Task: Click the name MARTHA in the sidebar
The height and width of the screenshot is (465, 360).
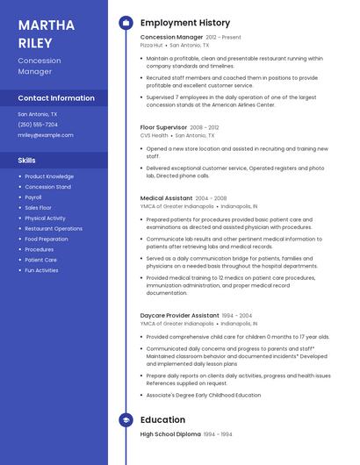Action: pyautogui.click(x=47, y=25)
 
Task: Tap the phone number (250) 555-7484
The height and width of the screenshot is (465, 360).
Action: pyautogui.click(x=38, y=125)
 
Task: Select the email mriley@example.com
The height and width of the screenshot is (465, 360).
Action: pyautogui.click(x=46, y=135)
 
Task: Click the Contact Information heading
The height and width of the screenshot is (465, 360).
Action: pyautogui.click(x=56, y=98)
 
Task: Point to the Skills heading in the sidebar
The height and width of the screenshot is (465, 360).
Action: pyautogui.click(x=27, y=161)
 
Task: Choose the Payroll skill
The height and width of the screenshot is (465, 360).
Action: pyautogui.click(x=33, y=197)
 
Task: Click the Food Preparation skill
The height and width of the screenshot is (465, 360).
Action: pyautogui.click(x=47, y=239)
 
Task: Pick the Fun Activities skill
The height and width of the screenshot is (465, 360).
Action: pyautogui.click(x=41, y=270)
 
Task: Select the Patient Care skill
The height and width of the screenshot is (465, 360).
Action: pyautogui.click(x=40, y=260)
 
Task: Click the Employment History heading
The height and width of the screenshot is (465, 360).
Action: pyautogui.click(x=185, y=23)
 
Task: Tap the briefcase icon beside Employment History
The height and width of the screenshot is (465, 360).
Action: pyautogui.click(x=126, y=23)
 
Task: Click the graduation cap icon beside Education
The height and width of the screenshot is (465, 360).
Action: pyautogui.click(x=126, y=419)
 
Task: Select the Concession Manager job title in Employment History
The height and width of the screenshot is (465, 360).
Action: pyautogui.click(x=171, y=38)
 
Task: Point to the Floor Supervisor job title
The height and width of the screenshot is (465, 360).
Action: pyautogui.click(x=163, y=127)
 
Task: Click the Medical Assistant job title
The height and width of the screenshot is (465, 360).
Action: pyautogui.click(x=166, y=198)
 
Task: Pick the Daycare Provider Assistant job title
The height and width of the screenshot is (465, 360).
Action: pyautogui.click(x=180, y=315)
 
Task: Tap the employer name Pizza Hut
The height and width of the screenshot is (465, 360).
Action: pyautogui.click(x=152, y=46)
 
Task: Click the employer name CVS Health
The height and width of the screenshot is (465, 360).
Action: pyautogui.click(x=155, y=135)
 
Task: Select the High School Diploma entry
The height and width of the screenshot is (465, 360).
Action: pyautogui.click(x=170, y=434)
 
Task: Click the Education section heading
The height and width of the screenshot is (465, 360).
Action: pyautogui.click(x=162, y=419)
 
